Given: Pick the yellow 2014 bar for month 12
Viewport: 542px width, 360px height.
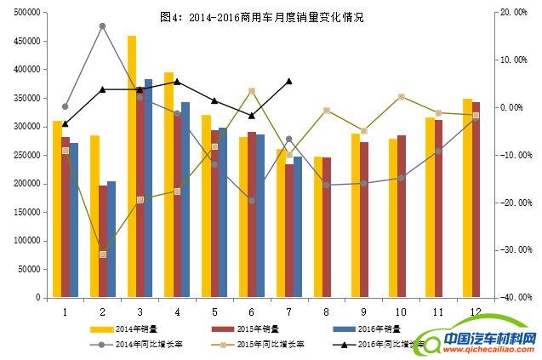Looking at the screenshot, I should pyautogui.click(x=467, y=198).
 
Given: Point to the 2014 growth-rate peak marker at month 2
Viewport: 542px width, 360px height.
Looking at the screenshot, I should pyautogui.click(x=102, y=26).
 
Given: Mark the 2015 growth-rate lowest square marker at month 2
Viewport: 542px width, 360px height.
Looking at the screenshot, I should pyautogui.click(x=102, y=254).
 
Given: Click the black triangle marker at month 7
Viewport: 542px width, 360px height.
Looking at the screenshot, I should pyautogui.click(x=289, y=81).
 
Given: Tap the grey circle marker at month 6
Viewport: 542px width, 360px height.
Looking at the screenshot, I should pyautogui.click(x=251, y=201).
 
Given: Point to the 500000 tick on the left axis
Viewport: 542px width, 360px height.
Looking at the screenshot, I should pyautogui.click(x=28, y=12).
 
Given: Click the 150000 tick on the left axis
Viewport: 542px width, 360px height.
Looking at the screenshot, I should pyautogui.click(x=28, y=212).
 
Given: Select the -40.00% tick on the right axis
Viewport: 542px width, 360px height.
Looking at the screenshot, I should pyautogui.click(x=516, y=298).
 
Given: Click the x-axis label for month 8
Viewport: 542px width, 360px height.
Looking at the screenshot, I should pyautogui.click(x=327, y=311).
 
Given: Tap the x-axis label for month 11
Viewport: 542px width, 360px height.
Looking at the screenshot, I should pyautogui.click(x=438, y=311).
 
